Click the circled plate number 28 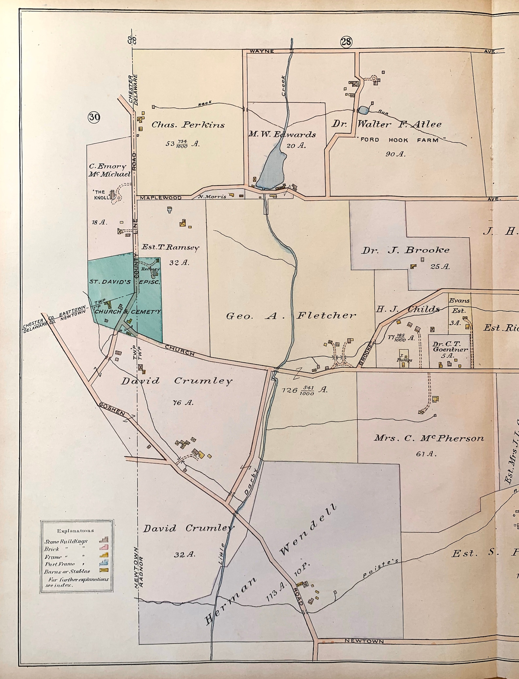click(346, 42)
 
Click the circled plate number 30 click(94, 117)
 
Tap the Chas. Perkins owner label click(188, 125)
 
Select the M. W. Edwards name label click(282, 135)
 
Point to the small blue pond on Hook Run click(363, 110)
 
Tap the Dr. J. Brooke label click(405, 251)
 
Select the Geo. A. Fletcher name click(291, 315)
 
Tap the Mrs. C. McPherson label click(428, 438)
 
